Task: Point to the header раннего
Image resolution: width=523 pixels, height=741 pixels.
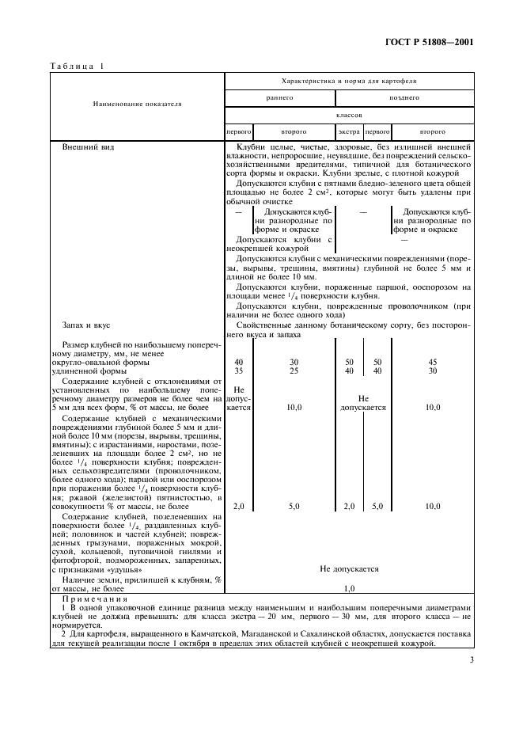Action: [280, 97]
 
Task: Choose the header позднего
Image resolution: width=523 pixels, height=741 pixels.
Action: [404, 97]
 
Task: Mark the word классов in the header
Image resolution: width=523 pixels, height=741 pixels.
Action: [349, 114]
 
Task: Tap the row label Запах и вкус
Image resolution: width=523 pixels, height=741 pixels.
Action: [84, 325]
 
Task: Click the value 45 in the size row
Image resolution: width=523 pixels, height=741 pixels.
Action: [432, 362]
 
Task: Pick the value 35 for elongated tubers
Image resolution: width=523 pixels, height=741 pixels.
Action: [239, 370]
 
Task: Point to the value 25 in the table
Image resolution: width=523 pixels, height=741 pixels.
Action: [294, 370]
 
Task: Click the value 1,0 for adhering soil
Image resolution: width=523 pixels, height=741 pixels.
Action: [349, 588]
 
